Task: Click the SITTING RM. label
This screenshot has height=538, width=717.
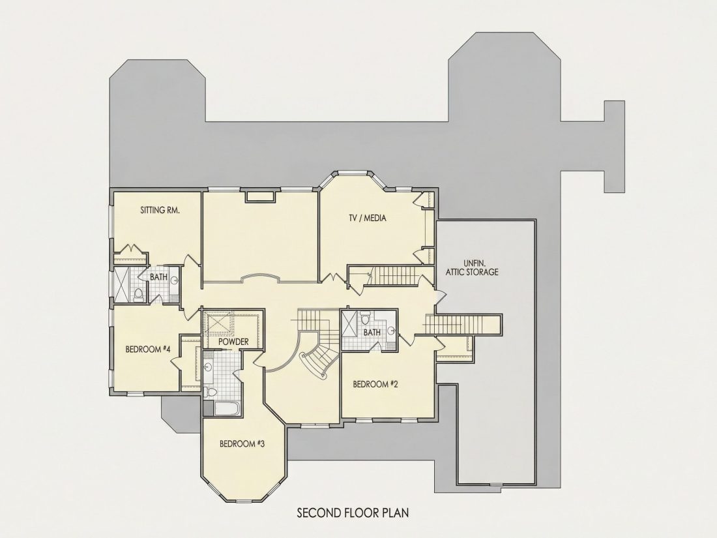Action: tap(160, 211)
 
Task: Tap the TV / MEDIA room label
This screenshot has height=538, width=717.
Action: tap(367, 218)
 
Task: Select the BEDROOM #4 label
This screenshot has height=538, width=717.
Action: tap(148, 350)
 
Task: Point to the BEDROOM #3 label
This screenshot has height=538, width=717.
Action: tap(242, 443)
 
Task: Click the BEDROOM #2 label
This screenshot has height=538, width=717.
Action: tap(375, 384)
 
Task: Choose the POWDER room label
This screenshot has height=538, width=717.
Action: tap(233, 342)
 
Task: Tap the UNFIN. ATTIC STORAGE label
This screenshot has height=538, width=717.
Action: tap(472, 267)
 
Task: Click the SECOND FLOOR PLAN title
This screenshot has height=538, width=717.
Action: tap(353, 513)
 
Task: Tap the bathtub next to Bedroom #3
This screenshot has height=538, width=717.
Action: tap(228, 409)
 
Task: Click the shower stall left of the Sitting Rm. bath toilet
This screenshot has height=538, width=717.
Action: tap(122, 284)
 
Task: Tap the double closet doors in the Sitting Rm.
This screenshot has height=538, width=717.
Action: tap(131, 249)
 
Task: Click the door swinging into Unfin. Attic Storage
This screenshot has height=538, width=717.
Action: tap(440, 295)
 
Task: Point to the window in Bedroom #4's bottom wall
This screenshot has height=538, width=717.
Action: tap(134, 393)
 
